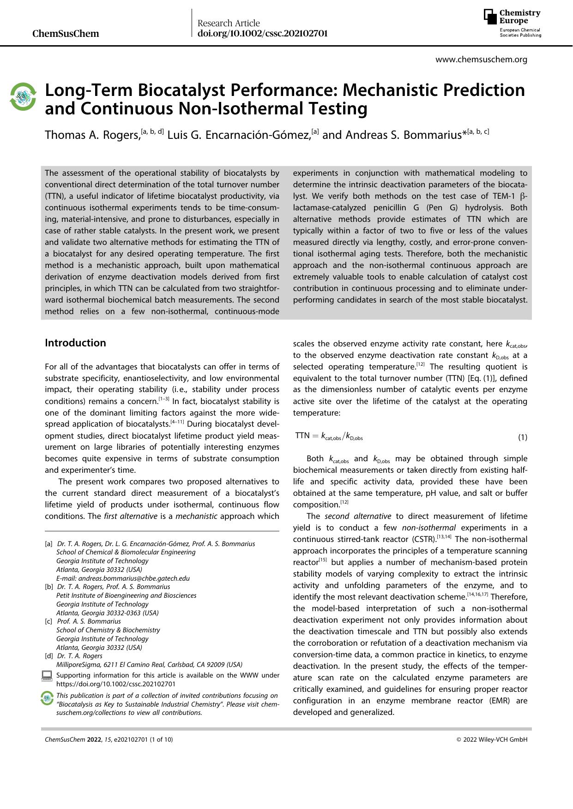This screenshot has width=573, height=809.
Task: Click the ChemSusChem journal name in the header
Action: (x=66, y=33)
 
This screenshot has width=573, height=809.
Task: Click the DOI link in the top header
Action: (x=262, y=33)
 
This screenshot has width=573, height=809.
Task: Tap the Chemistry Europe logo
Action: (x=512, y=23)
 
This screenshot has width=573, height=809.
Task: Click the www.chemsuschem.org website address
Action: (x=481, y=59)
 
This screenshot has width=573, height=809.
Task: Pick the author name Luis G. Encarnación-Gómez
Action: (x=239, y=135)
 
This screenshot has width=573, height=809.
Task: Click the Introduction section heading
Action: (x=75, y=343)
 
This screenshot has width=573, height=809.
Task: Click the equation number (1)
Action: (x=522, y=437)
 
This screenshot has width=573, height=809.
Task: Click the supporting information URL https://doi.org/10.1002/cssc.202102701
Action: (x=115, y=684)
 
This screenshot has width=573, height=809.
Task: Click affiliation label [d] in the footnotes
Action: (x=48, y=656)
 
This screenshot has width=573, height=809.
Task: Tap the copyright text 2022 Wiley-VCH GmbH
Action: (x=492, y=739)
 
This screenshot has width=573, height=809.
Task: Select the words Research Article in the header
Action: (x=229, y=23)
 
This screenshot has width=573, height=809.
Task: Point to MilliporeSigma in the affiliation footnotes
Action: (x=78, y=665)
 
